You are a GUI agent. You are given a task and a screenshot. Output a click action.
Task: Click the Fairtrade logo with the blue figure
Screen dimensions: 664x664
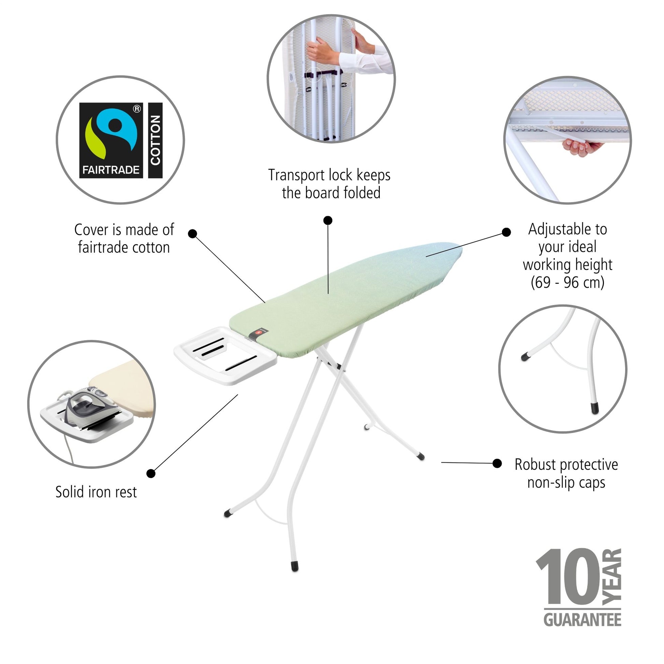point(111,140)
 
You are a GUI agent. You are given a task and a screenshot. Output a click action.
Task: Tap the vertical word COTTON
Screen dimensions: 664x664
point(155,140)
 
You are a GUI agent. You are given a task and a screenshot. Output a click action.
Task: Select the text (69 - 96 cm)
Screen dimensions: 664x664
point(567,283)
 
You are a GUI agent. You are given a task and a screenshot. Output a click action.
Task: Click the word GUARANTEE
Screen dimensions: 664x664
point(582,620)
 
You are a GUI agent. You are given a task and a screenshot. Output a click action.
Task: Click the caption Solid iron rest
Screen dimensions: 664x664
point(96,492)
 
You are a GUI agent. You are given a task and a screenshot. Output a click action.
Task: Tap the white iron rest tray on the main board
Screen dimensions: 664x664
point(226,356)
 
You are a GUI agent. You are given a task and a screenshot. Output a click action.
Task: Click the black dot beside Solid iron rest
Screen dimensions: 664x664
point(151,473)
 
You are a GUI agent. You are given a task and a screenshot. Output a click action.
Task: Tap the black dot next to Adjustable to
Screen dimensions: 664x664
point(506,232)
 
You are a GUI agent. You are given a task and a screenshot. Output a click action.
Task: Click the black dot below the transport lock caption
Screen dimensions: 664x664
point(328,220)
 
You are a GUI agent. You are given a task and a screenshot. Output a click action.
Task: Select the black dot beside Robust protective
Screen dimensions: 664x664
point(497,463)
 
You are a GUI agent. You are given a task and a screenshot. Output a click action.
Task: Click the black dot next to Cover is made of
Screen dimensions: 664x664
point(193,234)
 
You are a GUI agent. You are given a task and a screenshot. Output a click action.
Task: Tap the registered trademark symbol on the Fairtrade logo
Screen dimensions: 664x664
point(137,109)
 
